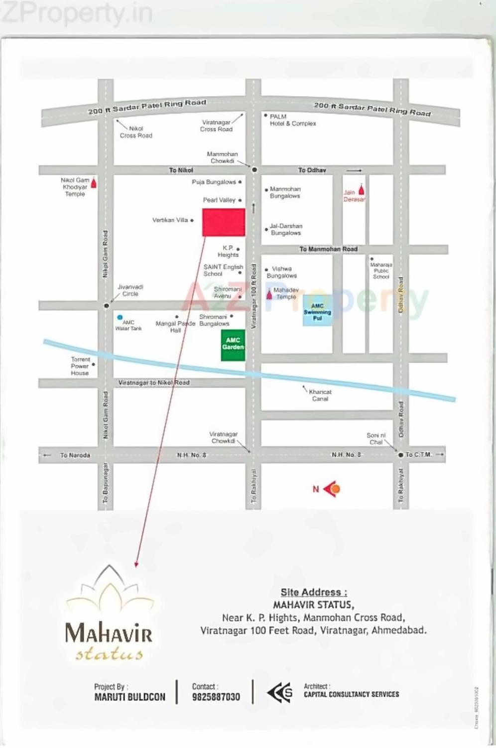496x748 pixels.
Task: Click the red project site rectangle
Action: pos(224,222)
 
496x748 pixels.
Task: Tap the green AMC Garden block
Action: pos(233,345)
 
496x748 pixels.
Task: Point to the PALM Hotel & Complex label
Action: pos(292,120)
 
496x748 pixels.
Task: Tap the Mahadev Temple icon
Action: pos(269,294)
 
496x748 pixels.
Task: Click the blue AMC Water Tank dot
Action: pos(120,317)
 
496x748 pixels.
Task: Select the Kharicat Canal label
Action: pos(320,395)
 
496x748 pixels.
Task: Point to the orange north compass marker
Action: pos(335,489)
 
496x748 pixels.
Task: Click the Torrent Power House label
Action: pos(80,366)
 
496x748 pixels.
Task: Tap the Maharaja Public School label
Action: pos(381,271)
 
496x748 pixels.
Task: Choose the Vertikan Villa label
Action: pos(170,220)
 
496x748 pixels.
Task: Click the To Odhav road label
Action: pos(312,170)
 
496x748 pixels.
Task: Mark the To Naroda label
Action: pos(75,455)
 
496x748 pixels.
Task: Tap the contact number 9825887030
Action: pos(216,697)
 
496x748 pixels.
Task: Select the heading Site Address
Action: pos(314,592)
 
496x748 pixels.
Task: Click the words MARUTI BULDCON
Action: pos(130,697)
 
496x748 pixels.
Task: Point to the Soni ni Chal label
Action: pos(376,438)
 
